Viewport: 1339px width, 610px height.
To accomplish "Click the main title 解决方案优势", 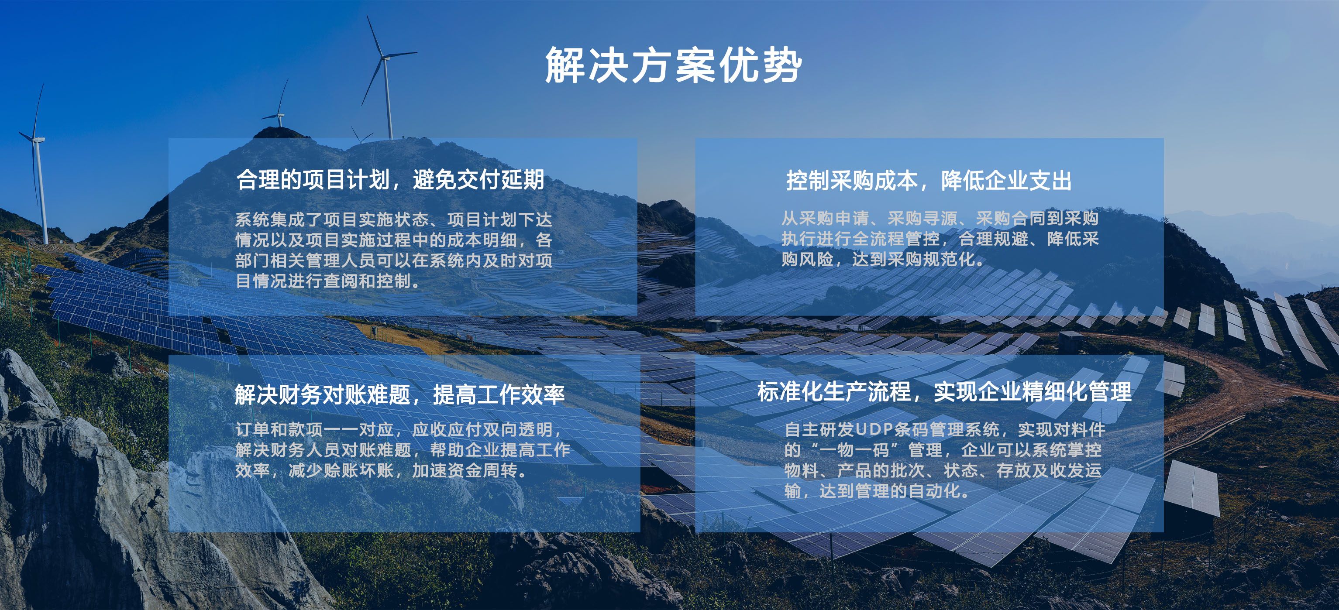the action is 673,65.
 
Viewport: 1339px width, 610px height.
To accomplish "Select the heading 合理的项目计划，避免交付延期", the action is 390,180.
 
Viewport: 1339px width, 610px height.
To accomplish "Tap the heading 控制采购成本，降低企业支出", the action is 929,181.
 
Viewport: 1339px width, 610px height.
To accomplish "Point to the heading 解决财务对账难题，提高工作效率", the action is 399,394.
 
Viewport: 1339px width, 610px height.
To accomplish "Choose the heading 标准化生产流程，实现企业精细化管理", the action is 944,392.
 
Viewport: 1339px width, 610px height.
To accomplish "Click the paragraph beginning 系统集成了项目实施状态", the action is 393,250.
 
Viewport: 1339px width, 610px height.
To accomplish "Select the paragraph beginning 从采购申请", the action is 940,239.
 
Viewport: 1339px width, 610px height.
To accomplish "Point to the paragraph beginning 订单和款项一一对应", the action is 403,449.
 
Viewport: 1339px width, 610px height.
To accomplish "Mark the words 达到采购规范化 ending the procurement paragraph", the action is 913,259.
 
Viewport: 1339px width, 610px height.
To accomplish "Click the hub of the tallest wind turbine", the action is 385,57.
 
